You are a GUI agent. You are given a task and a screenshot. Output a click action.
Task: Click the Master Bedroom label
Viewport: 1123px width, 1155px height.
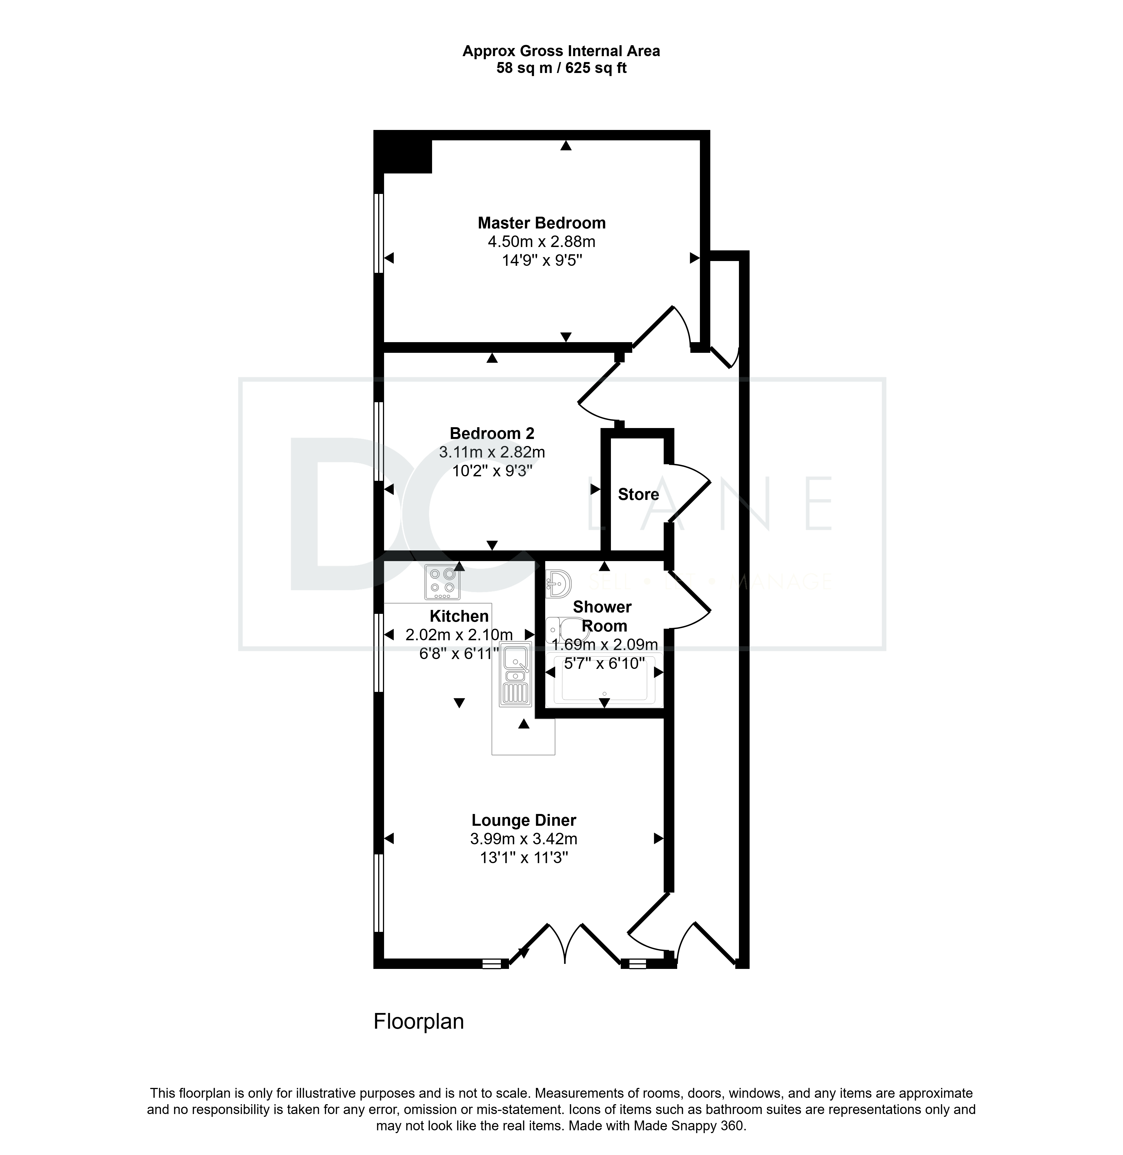pos(542,223)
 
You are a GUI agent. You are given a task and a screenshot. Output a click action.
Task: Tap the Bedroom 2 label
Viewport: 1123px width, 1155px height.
pos(492,433)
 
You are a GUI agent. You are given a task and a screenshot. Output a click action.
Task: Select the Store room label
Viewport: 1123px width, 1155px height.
pos(638,494)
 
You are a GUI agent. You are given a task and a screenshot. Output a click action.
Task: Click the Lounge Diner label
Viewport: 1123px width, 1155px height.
pos(524,820)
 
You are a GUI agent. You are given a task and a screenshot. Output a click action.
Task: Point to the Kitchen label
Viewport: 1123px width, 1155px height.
pos(459,616)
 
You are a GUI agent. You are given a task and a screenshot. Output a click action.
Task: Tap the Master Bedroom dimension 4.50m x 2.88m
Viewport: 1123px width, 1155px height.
pos(542,242)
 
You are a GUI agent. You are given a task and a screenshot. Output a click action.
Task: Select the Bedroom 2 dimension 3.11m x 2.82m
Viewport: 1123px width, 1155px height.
pos(492,452)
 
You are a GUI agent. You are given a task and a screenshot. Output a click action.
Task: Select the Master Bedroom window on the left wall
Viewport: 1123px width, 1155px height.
pos(379,234)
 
